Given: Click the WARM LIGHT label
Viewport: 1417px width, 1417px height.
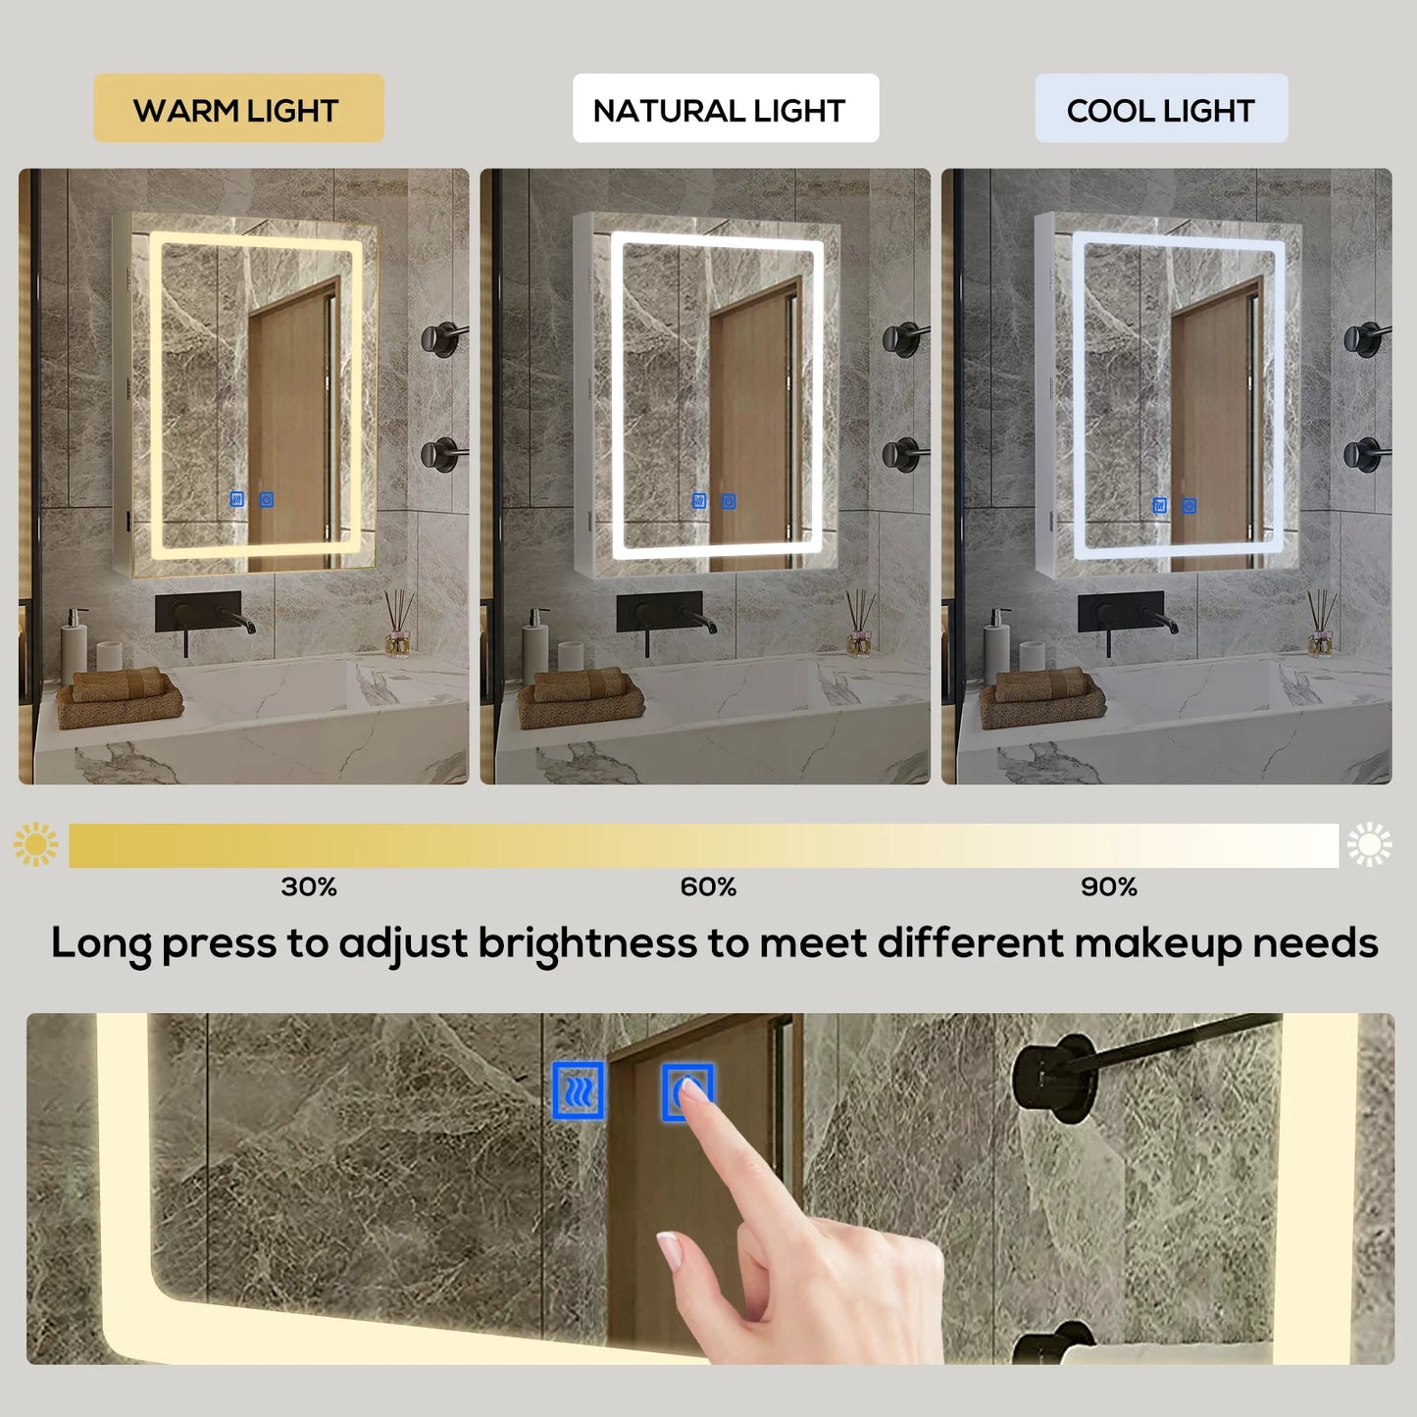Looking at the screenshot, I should tap(237, 109).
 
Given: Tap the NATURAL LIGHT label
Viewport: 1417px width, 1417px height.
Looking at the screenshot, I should tap(725, 109).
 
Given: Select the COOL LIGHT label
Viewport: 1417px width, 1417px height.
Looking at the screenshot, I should tap(1161, 109).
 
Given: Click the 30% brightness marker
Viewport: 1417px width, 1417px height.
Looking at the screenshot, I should tap(309, 886).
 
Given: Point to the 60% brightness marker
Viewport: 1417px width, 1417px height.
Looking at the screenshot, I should tap(708, 886).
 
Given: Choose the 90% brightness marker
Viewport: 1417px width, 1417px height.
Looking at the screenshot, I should tap(1109, 886).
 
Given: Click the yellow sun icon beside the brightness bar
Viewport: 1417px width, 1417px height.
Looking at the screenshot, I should tap(36, 844).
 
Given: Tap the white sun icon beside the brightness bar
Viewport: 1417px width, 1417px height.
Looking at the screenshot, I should tap(1369, 844).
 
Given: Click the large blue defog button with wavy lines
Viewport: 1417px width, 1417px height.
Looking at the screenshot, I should tap(578, 1089).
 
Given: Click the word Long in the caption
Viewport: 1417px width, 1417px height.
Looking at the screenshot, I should tap(101, 943).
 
